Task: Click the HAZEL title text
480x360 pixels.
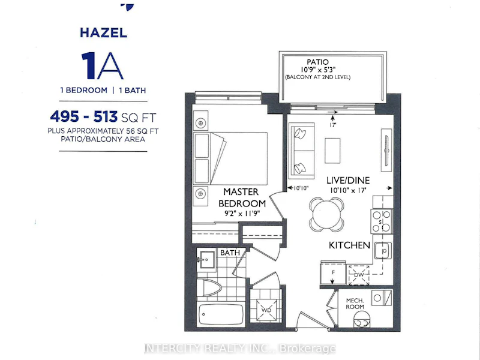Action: pyautogui.click(x=103, y=33)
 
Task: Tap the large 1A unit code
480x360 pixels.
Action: pyautogui.click(x=102, y=66)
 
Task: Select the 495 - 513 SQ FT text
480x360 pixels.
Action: pyautogui.click(x=103, y=116)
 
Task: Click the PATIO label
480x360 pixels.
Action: pyautogui.click(x=317, y=62)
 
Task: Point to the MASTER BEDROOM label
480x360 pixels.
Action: pyautogui.click(x=242, y=197)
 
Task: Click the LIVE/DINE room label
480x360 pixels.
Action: pyautogui.click(x=348, y=181)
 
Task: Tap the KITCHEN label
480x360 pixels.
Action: pyautogui.click(x=349, y=245)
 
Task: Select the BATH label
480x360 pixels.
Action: pyautogui.click(x=230, y=253)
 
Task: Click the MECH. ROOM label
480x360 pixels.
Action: pyautogui.click(x=355, y=304)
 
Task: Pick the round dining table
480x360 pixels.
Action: pyautogui.click(x=326, y=214)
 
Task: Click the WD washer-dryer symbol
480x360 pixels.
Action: pyautogui.click(x=266, y=310)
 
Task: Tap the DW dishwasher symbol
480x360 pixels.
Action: pyautogui.click(x=359, y=275)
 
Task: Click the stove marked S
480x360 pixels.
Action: pyautogui.click(x=382, y=221)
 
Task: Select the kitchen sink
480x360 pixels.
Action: pyautogui.click(x=383, y=251)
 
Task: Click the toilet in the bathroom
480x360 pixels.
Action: pyautogui.click(x=209, y=287)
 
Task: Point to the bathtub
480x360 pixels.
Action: pyautogui.click(x=221, y=314)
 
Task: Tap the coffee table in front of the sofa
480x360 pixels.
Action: pyautogui.click(x=332, y=151)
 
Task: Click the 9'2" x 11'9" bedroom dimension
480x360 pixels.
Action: pyautogui.click(x=242, y=214)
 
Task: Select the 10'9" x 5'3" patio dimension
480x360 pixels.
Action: pyautogui.click(x=318, y=70)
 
